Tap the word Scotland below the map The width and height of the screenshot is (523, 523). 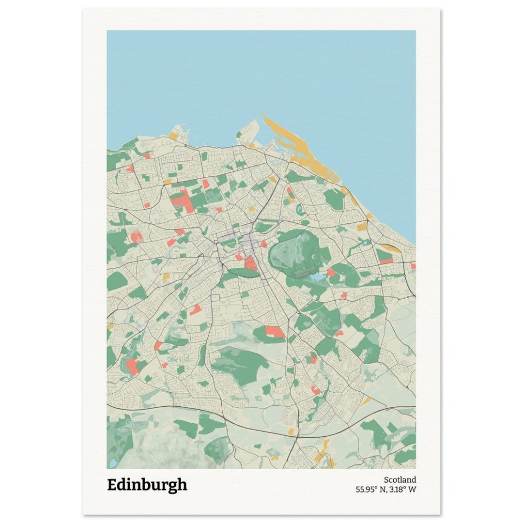(400, 480)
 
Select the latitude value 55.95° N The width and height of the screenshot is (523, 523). (371, 489)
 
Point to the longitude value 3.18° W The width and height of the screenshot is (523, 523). (404, 489)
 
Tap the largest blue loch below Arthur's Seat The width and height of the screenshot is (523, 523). (318, 277)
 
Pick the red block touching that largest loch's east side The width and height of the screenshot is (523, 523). (331, 273)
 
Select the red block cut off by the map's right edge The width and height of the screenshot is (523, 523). (413, 265)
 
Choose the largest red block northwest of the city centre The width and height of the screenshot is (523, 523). (180, 200)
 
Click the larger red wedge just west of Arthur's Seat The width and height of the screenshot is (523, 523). (250, 263)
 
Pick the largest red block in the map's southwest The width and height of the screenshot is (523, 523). (132, 366)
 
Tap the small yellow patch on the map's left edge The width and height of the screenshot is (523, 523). (110, 326)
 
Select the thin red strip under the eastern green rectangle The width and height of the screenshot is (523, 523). (386, 261)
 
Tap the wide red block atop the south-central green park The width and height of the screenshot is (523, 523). (274, 331)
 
